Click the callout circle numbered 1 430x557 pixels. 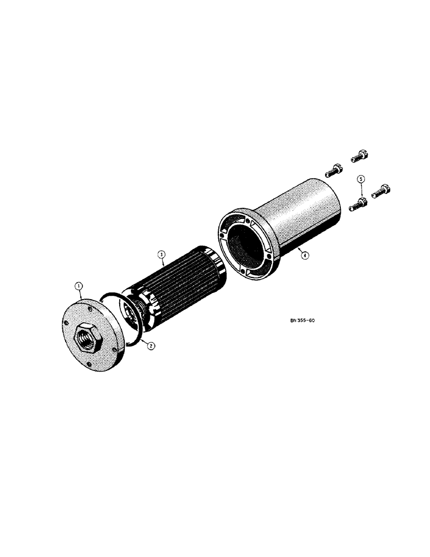click(x=79, y=286)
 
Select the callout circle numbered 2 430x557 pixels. click(x=151, y=345)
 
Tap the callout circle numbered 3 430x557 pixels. click(x=161, y=255)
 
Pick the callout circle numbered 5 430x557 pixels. click(x=360, y=179)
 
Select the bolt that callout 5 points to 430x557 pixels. click(x=357, y=204)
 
